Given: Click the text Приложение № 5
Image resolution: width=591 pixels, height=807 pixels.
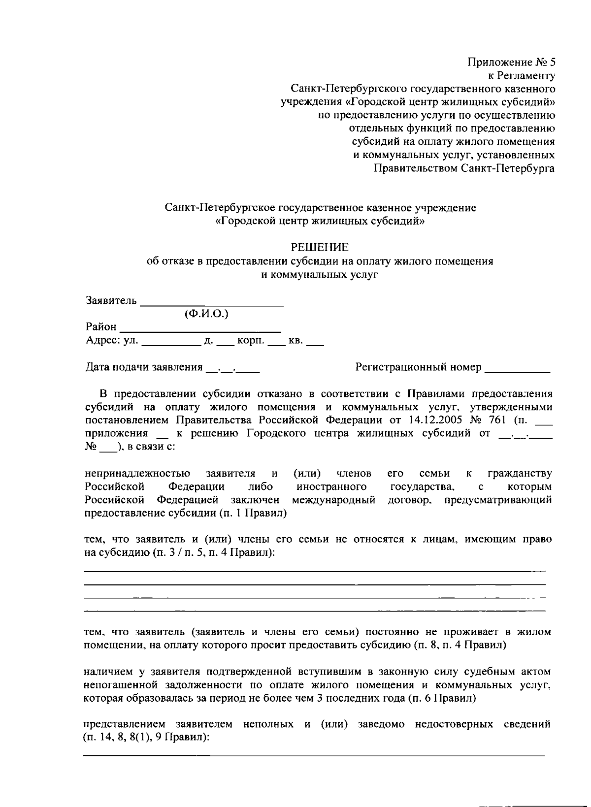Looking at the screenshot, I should [x=511, y=63].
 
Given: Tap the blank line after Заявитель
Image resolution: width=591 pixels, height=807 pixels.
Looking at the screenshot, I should [x=212, y=301].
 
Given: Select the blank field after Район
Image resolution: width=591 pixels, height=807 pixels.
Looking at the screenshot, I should [x=200, y=327].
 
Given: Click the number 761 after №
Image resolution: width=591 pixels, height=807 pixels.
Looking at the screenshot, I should [x=495, y=420].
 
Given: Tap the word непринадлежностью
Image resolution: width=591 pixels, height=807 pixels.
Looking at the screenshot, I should [x=137, y=474].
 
